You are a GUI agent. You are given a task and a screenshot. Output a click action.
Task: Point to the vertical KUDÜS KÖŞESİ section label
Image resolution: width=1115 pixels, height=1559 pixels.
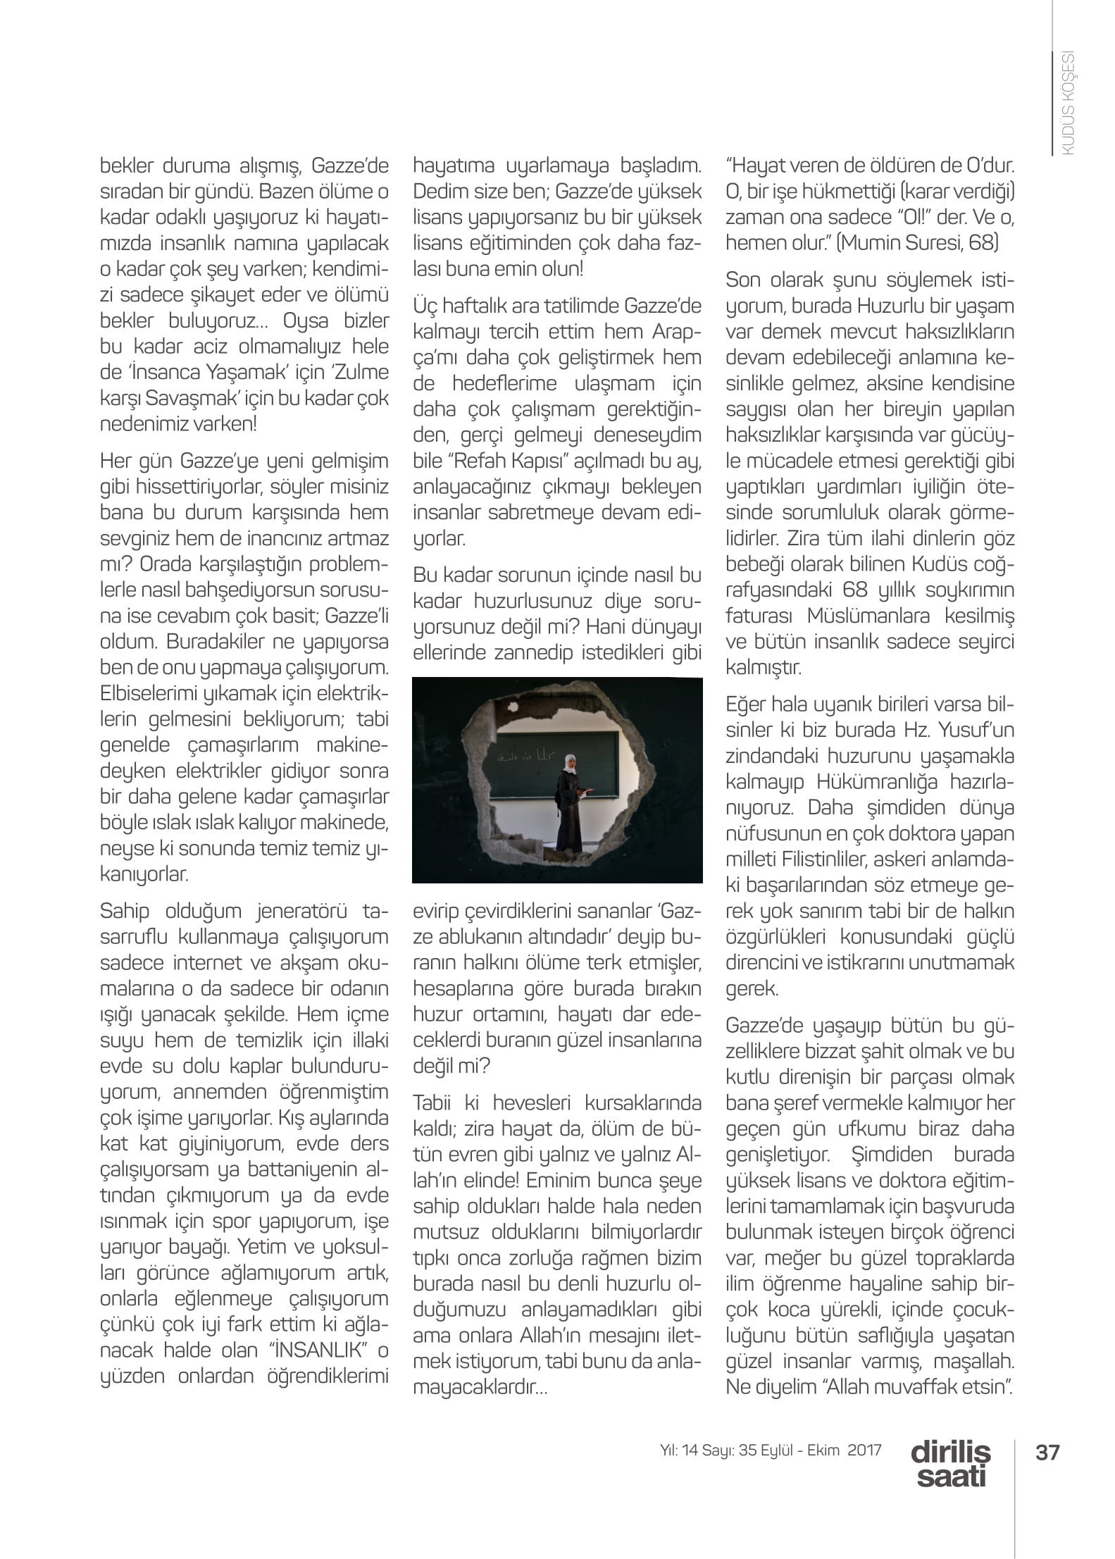point(1068,103)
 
